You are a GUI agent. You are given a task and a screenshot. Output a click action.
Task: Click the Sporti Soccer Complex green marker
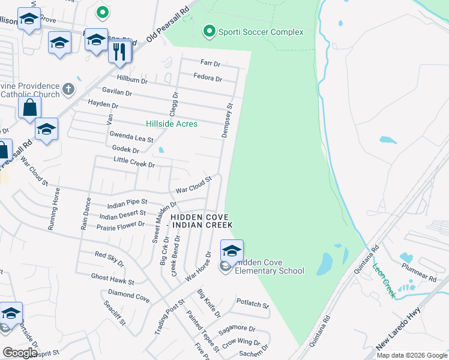click(209, 31)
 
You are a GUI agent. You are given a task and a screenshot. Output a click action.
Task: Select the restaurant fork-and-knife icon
click(120, 52)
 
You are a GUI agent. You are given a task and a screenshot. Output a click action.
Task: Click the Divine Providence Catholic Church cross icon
click(68, 89)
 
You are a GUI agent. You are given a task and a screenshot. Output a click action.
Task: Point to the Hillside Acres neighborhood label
click(172, 124)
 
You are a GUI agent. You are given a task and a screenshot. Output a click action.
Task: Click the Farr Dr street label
click(210, 62)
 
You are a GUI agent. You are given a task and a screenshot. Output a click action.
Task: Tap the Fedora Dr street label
click(208, 78)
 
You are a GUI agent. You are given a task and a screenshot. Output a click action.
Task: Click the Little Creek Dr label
click(134, 163)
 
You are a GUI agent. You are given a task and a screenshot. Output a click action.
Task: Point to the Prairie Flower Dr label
click(121, 225)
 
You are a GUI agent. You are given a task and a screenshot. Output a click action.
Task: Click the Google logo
click(20, 353)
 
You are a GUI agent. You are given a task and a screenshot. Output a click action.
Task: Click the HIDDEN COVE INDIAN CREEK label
click(201, 221)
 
